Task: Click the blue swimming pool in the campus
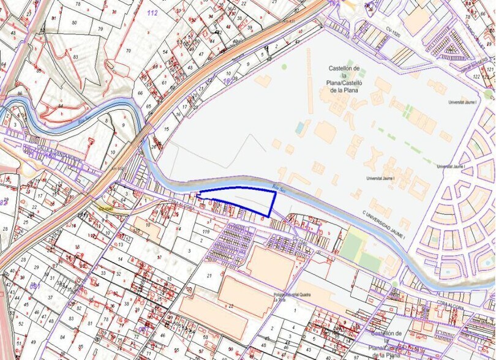click(x=299, y=128)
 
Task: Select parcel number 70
click(x=128, y=51)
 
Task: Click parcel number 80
click(x=74, y=23)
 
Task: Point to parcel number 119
click(x=206, y=233)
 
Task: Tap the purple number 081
click(x=35, y=286)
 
